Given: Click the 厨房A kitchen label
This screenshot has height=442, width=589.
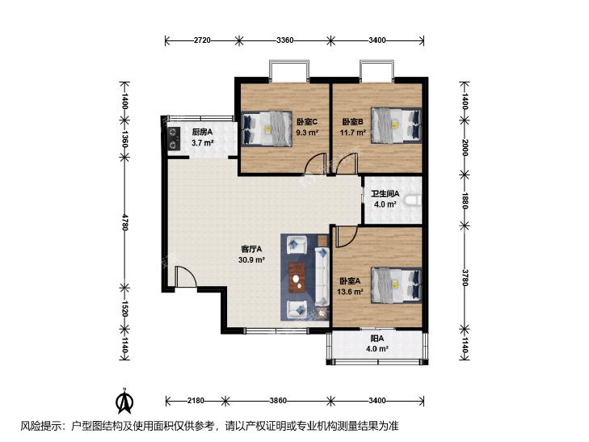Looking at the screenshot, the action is [x=202, y=133].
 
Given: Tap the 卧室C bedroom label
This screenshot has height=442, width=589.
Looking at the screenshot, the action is [x=307, y=122].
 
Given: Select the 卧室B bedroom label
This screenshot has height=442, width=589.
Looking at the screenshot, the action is [x=352, y=122].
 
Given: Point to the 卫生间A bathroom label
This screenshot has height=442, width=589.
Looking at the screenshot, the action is [x=385, y=194].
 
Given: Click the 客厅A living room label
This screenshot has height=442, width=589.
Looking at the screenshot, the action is [x=251, y=249].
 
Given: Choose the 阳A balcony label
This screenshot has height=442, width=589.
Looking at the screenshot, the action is [x=377, y=339].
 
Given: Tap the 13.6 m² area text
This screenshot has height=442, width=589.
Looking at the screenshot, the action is [x=350, y=292].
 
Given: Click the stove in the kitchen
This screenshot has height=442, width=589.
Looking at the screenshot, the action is [x=173, y=138].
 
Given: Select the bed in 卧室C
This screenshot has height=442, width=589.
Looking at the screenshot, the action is [x=267, y=128].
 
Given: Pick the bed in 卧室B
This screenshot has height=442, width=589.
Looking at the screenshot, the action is [x=396, y=125].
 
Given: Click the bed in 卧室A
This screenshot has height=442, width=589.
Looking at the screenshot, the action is [x=396, y=284].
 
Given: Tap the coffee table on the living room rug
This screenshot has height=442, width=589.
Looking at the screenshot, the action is [x=297, y=277].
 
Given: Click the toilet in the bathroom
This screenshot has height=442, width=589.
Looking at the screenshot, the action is [x=414, y=200].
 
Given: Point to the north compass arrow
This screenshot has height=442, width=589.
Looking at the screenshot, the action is [x=124, y=400].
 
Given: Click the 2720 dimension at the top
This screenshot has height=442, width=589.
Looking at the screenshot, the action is [x=202, y=40].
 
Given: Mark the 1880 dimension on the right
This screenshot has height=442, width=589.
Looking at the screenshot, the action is [x=465, y=200].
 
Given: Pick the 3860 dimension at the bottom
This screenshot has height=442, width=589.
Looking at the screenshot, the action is [x=278, y=401].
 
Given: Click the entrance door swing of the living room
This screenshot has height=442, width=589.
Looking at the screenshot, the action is [x=185, y=277].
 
